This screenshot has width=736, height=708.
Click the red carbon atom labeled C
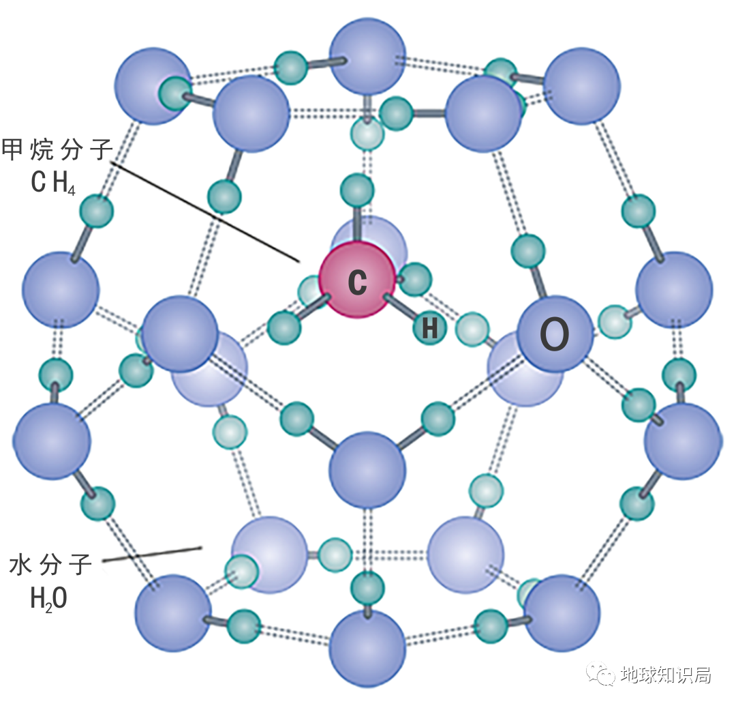[357, 281]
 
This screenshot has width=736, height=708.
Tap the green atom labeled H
[430, 328]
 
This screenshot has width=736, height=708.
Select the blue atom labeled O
[554, 334]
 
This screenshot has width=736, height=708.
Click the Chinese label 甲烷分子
[57, 149]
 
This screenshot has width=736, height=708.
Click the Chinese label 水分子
[51, 565]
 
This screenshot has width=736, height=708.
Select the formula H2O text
[48, 598]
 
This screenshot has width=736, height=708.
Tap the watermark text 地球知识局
[666, 675]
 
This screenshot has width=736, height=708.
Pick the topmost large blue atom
[367, 57]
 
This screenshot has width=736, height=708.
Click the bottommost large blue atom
[367, 649]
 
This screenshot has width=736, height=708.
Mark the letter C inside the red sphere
[357, 282]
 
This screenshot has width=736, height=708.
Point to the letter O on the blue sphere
[554, 335]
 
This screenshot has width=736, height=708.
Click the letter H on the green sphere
[430, 329]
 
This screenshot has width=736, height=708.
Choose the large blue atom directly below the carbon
[367, 469]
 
